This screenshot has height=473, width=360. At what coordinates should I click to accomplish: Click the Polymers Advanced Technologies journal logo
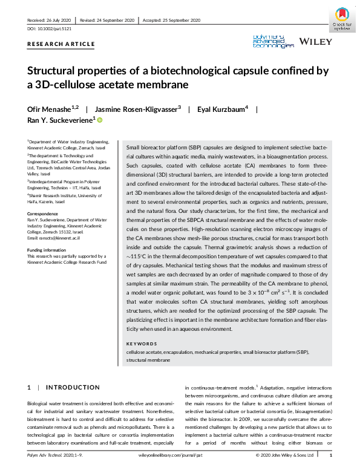(273, 41)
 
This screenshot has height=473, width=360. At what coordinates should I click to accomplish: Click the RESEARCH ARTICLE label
(61, 44)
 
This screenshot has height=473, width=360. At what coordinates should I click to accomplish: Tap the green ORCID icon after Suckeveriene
(100, 121)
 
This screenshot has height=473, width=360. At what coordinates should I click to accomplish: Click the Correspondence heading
(43, 214)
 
